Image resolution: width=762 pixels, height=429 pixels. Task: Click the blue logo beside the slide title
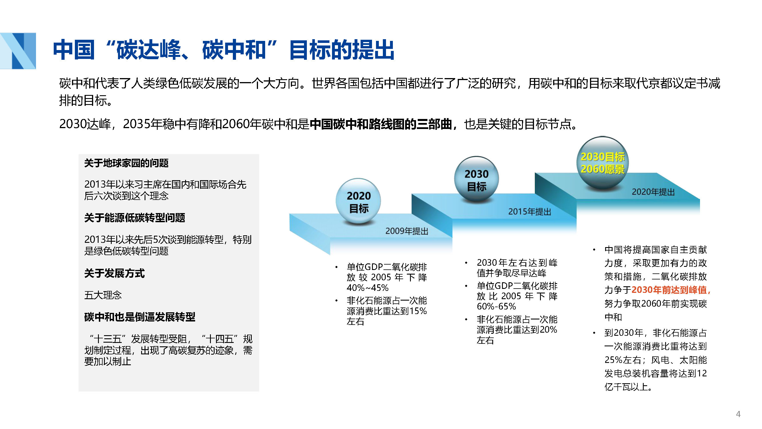(18, 51)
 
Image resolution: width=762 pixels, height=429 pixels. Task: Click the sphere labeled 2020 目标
(358, 201)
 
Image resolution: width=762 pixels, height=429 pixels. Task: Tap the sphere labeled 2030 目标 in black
(476, 179)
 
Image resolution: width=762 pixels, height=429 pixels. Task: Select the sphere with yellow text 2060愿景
(603, 162)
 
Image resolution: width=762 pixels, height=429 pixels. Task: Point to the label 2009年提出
(407, 231)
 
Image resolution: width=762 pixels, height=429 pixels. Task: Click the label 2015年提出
(529, 212)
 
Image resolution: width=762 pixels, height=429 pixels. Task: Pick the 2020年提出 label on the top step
(653, 192)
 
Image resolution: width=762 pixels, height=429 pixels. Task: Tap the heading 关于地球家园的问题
(126, 163)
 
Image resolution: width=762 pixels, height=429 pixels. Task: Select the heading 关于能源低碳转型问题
(135, 218)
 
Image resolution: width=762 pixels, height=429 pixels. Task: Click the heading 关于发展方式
(115, 273)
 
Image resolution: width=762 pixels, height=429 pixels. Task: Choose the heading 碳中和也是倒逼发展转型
(140, 317)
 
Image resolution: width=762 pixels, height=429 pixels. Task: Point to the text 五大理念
(103, 295)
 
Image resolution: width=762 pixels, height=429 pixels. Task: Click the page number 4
(738, 414)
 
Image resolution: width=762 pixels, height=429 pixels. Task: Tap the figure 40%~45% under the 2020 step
(367, 287)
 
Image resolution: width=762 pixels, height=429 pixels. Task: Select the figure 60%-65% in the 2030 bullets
(496, 306)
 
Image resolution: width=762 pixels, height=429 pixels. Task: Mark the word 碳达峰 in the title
(148, 50)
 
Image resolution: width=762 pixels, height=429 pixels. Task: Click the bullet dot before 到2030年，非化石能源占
(594, 333)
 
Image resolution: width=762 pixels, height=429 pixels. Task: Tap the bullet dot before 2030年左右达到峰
(466, 263)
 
